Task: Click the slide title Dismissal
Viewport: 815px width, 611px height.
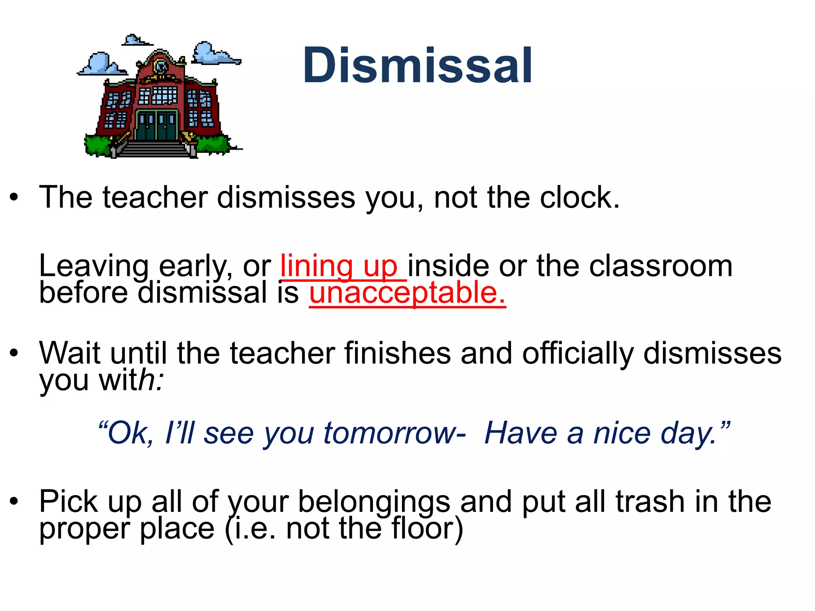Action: [x=417, y=66]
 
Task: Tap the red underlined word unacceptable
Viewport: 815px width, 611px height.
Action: [x=407, y=293]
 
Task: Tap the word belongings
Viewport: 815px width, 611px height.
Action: [x=374, y=502]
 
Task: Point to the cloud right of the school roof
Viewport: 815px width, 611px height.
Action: [x=213, y=54]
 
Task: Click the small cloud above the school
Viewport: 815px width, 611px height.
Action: [x=135, y=40]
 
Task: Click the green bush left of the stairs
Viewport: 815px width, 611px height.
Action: [x=97, y=145]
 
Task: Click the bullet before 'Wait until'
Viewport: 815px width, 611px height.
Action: [x=14, y=353]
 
